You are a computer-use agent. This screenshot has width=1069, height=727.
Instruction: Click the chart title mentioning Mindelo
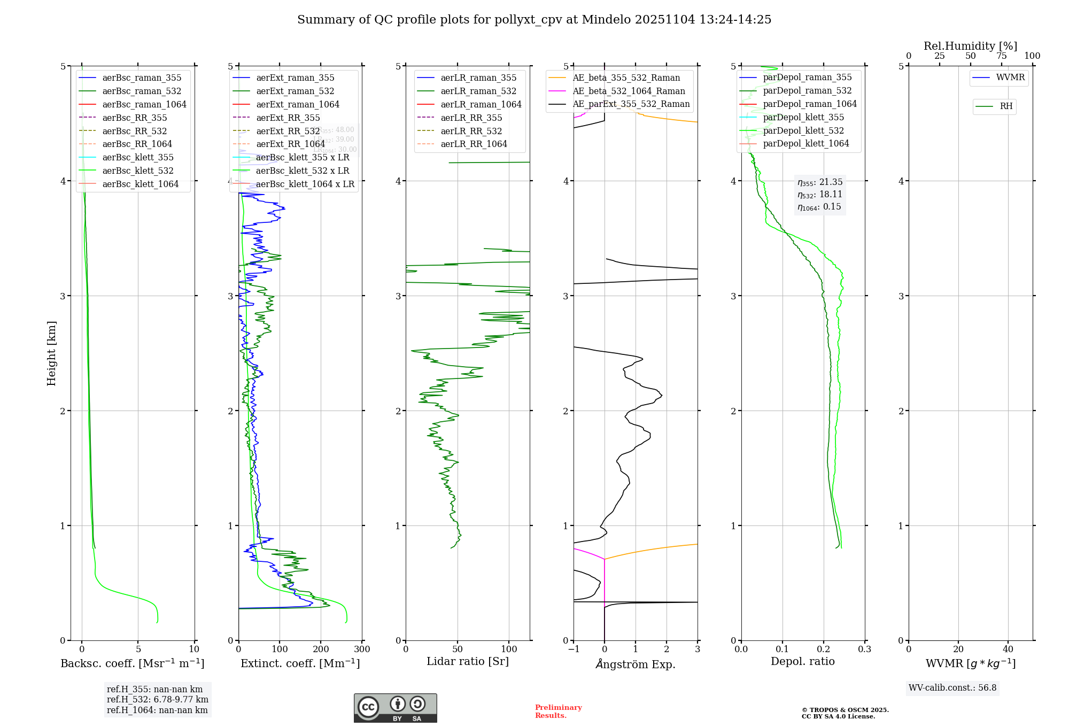(534, 20)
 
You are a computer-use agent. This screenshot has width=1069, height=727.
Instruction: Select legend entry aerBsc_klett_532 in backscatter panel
(137, 171)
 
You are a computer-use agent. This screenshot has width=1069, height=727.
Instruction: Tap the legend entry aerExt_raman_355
(295, 78)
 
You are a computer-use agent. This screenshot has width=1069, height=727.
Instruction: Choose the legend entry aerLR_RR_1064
(474, 144)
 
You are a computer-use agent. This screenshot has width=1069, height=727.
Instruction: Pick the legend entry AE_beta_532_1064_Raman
(629, 91)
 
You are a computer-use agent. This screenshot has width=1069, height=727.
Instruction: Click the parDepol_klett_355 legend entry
(803, 118)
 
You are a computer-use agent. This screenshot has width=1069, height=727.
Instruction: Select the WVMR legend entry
(1010, 78)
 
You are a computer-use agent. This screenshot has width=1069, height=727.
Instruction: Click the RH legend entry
(1005, 106)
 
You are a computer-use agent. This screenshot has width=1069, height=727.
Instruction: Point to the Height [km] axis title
(51, 353)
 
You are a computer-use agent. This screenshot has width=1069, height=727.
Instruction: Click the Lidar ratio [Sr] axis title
(468, 662)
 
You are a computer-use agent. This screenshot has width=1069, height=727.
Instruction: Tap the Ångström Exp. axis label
(636, 664)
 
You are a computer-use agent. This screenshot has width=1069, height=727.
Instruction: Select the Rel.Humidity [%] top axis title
(970, 46)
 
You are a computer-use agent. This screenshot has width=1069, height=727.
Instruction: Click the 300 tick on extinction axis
(362, 649)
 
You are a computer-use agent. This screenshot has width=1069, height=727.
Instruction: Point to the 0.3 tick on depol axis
(864, 649)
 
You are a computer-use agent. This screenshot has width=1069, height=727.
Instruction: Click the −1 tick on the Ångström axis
(574, 649)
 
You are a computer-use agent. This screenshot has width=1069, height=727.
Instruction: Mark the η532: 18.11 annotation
(819, 195)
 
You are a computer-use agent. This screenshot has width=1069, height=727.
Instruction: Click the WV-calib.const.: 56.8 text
(952, 688)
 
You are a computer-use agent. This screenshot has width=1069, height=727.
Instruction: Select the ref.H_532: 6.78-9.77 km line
(157, 700)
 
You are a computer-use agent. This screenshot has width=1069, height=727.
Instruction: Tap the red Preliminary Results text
(558, 711)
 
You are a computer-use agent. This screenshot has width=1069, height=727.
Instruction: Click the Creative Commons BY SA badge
(395, 708)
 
